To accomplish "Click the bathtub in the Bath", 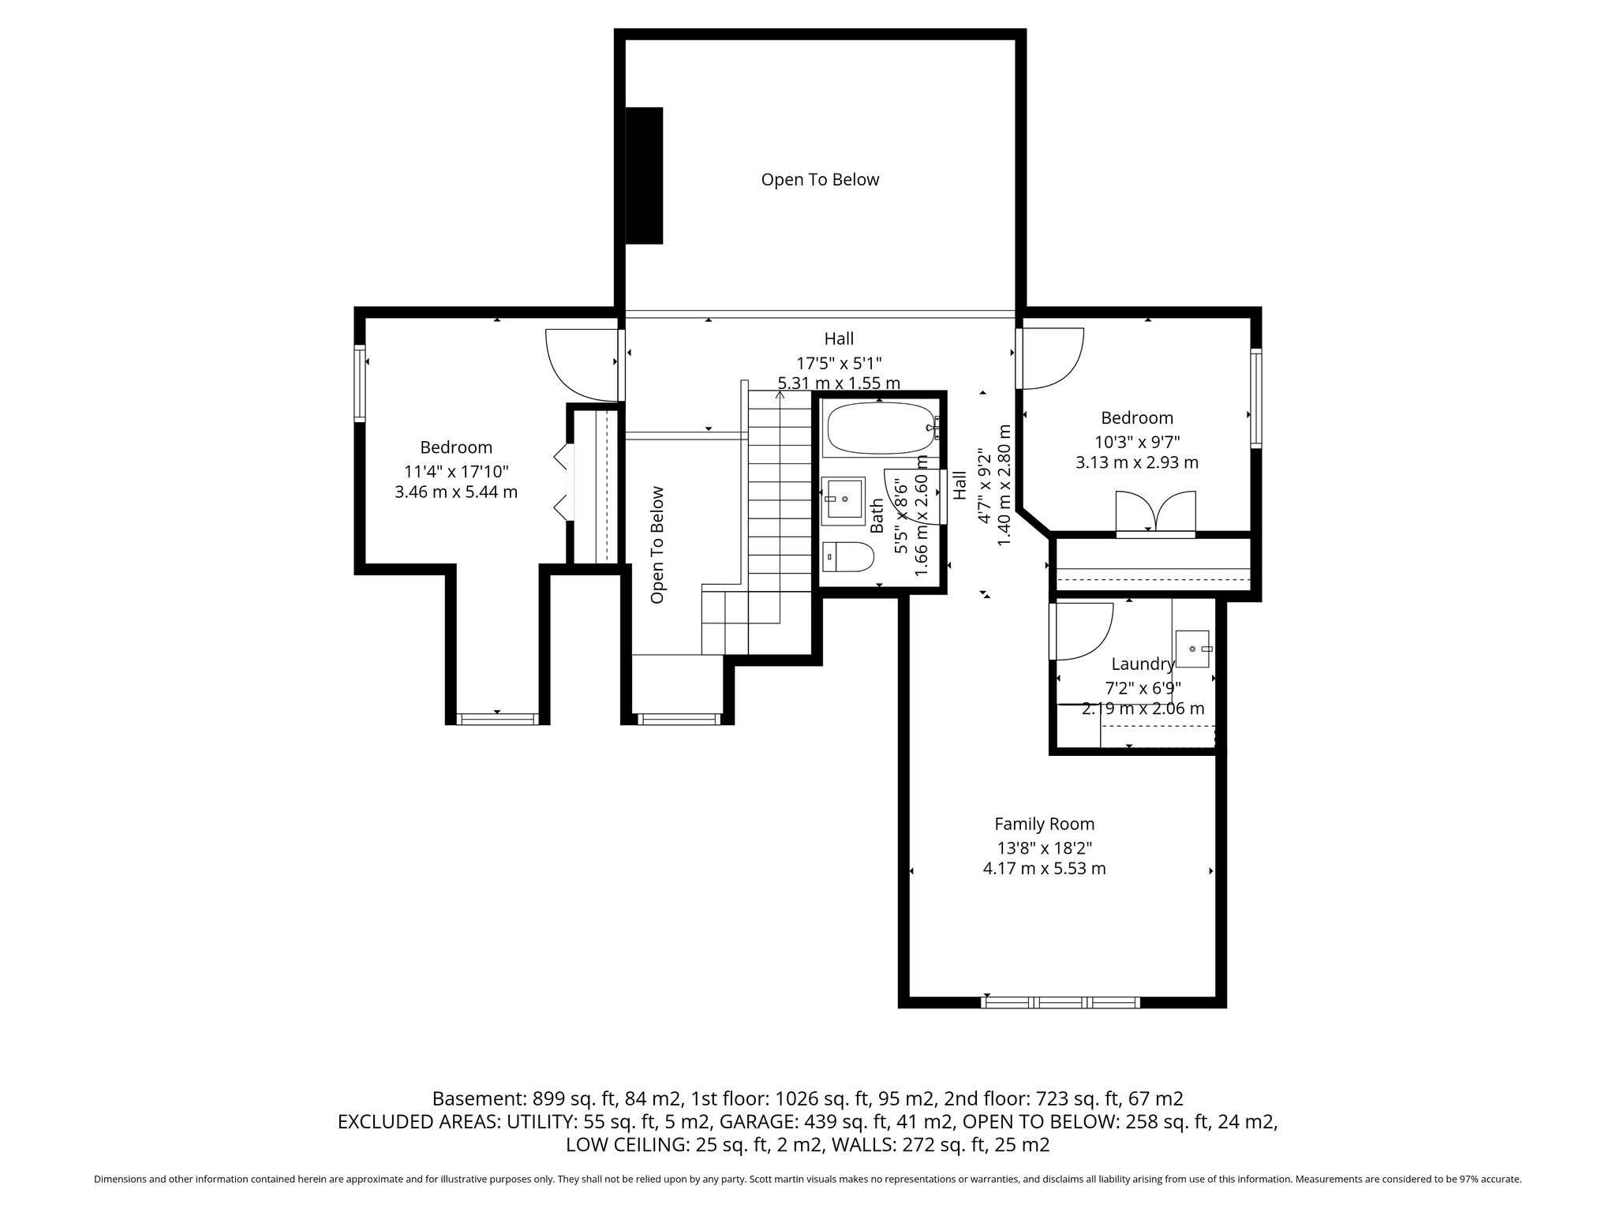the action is point(881,429).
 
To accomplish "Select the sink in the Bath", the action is point(844,500).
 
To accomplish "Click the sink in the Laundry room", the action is point(1192,649).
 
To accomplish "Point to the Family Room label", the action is point(1044,824).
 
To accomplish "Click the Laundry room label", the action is point(1143,664).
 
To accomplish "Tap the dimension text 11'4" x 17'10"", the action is point(456,472).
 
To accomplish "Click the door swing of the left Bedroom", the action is point(581,364).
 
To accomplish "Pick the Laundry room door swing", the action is point(1081,630).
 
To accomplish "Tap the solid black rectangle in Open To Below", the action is point(644,175).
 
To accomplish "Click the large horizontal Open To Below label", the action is point(820,180).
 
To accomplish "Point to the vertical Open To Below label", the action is point(656,545).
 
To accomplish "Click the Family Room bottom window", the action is point(1060,1003).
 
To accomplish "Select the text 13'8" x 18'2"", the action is point(1044,848).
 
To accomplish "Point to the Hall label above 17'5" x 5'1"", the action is point(839,339).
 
